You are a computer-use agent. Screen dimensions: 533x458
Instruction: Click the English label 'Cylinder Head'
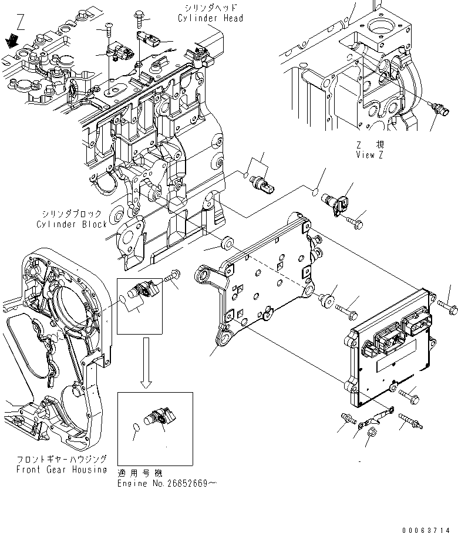point(210,18)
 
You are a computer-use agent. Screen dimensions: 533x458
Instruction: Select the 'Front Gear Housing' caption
point(62,469)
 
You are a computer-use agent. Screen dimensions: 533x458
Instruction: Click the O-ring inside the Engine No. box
point(135,428)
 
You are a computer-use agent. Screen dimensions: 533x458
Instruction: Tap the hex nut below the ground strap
point(371,434)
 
